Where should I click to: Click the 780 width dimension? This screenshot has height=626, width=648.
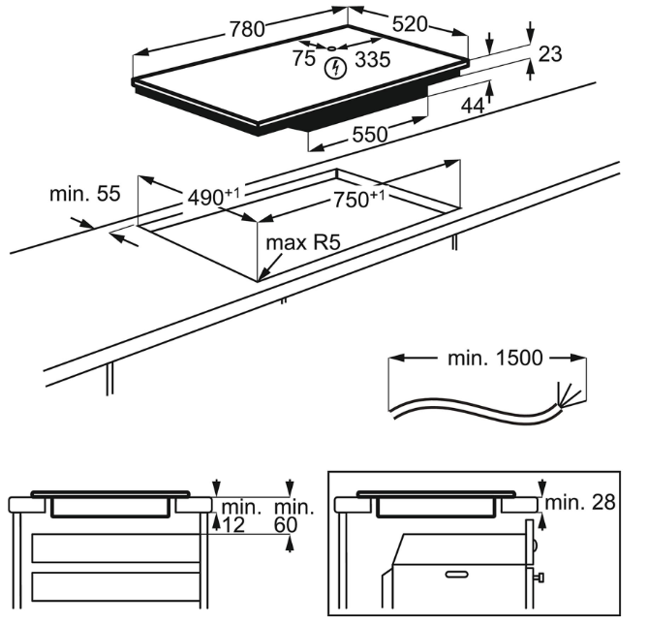(247, 29)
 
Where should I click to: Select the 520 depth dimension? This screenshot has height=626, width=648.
(409, 24)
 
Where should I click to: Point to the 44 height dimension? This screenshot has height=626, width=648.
(473, 106)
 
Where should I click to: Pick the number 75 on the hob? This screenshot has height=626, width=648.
(304, 59)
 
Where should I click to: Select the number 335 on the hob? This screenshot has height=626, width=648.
(372, 60)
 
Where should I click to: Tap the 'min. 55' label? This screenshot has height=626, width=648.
(84, 194)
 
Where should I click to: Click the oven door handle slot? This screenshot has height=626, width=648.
(452, 575)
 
